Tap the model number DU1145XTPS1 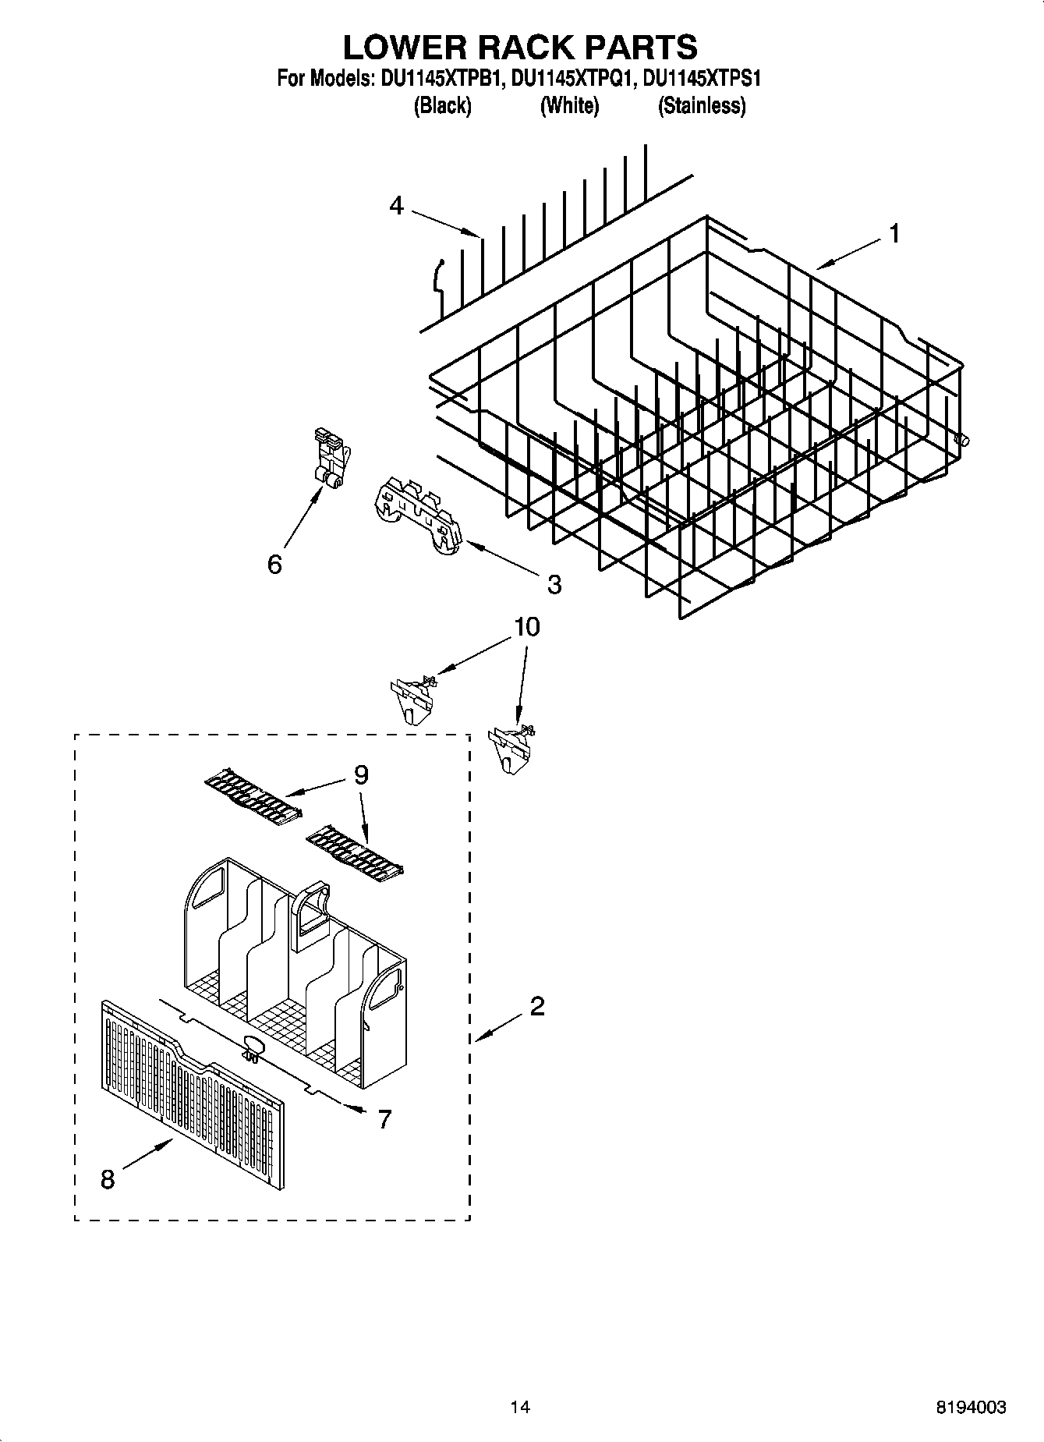tap(699, 79)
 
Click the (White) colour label tap(569, 106)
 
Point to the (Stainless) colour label tap(702, 106)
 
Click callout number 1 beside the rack tap(894, 233)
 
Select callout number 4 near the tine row tap(396, 207)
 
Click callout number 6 tap(274, 565)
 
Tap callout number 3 tap(554, 584)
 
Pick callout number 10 tap(527, 627)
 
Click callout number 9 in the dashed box tap(360, 774)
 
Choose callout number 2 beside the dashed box tap(536, 1007)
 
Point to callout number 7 tap(384, 1120)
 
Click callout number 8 tap(108, 1180)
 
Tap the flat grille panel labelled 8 tap(192, 1100)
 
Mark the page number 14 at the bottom tap(520, 1407)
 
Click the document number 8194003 tap(971, 1407)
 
